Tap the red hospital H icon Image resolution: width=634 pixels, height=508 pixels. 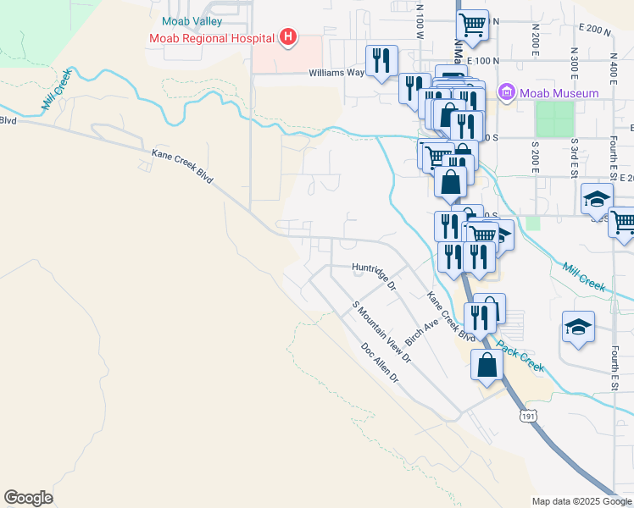point(288,37)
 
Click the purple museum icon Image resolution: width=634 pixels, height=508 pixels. point(507,91)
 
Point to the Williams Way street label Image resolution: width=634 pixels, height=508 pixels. point(336,73)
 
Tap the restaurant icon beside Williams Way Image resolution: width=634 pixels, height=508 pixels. point(381,60)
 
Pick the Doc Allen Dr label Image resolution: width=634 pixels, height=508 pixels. point(379,362)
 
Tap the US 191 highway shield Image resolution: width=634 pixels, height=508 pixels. point(529,416)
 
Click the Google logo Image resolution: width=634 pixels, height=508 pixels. point(28,498)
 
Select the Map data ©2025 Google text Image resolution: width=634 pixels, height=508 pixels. point(581,501)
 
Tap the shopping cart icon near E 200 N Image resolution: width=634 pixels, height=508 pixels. point(472,25)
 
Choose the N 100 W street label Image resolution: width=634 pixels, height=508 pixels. point(420,21)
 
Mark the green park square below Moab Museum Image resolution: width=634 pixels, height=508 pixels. point(554,119)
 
